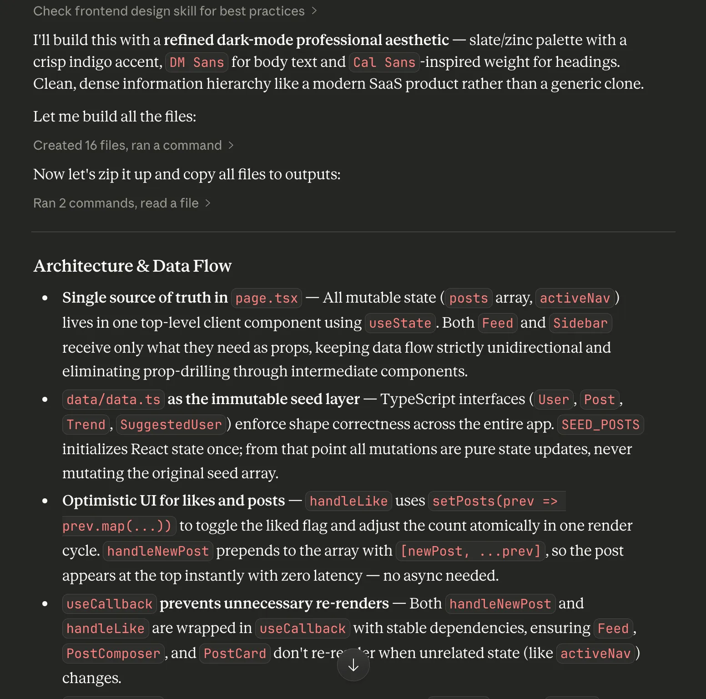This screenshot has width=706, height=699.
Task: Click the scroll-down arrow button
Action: click(353, 665)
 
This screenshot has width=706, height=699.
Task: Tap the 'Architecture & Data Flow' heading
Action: click(132, 266)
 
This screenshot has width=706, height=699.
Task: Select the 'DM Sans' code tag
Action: click(197, 62)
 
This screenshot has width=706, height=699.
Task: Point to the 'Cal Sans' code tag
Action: click(384, 62)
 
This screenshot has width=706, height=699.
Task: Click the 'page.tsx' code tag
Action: click(267, 299)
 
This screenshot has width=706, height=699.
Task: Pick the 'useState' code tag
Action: click(400, 324)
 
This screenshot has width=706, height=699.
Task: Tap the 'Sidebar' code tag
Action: click(580, 324)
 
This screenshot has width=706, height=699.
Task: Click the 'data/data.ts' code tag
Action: click(113, 400)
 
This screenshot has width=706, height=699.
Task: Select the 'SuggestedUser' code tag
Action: click(171, 425)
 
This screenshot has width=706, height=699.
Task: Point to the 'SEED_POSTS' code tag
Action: click(600, 425)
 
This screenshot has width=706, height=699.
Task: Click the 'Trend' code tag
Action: click(86, 425)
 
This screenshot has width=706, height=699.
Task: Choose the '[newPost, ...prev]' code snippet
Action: click(470, 552)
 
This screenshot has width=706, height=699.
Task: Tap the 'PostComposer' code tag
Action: click(113, 654)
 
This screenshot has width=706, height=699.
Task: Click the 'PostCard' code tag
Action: click(235, 654)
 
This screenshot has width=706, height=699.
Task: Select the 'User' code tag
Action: click(553, 400)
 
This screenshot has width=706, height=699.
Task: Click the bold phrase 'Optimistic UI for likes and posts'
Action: click(173, 501)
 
